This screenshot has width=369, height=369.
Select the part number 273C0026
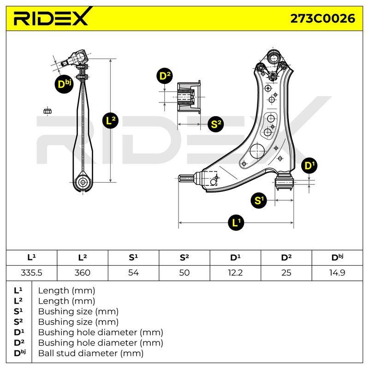[x=322, y=18]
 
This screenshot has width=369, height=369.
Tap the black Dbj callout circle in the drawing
[x=64, y=84]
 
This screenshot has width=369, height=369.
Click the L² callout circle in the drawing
[x=110, y=121]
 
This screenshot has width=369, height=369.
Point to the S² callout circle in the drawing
[x=215, y=124]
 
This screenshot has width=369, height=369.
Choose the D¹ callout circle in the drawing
[x=309, y=166]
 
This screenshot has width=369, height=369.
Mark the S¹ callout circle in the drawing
[x=259, y=201]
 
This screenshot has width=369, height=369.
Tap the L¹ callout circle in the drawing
[x=236, y=223]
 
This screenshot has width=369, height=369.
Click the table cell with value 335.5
[x=31, y=273]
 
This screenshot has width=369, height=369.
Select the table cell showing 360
[x=83, y=273]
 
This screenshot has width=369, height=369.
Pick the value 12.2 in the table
[x=235, y=273]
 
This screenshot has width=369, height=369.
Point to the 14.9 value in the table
[x=337, y=273]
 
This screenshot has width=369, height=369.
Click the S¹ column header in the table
[x=133, y=257]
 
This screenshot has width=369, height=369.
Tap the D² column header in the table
[x=286, y=257]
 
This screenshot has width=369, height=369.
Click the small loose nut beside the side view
[x=48, y=111]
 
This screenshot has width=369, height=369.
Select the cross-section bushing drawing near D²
[x=189, y=97]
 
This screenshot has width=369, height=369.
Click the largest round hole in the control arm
[x=257, y=151]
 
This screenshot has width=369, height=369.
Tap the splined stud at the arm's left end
[x=186, y=179]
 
